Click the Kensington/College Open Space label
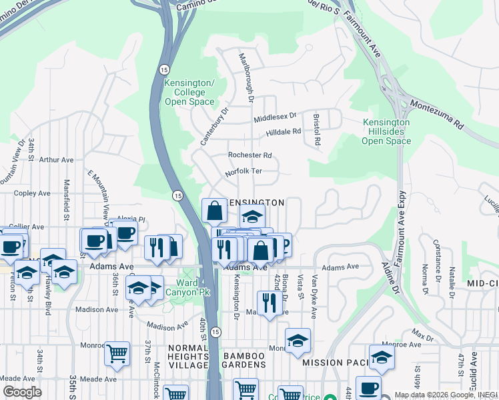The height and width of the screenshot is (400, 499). point(189,92)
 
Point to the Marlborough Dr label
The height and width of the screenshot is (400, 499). point(245,77)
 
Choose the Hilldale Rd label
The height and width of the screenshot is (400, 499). point(284,132)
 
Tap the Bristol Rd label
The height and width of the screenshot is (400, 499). point(318,130)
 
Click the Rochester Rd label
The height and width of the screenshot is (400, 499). point(250,155)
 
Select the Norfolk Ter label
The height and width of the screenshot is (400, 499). point(243,171)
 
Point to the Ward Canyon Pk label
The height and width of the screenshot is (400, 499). point(187,287)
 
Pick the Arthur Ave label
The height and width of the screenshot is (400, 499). point(56,160)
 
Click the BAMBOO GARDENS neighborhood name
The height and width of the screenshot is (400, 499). point(244,357)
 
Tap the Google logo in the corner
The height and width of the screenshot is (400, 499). point(21,392)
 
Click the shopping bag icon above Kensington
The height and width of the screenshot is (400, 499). point(214,211)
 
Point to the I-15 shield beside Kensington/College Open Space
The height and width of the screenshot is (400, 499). point(163,69)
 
